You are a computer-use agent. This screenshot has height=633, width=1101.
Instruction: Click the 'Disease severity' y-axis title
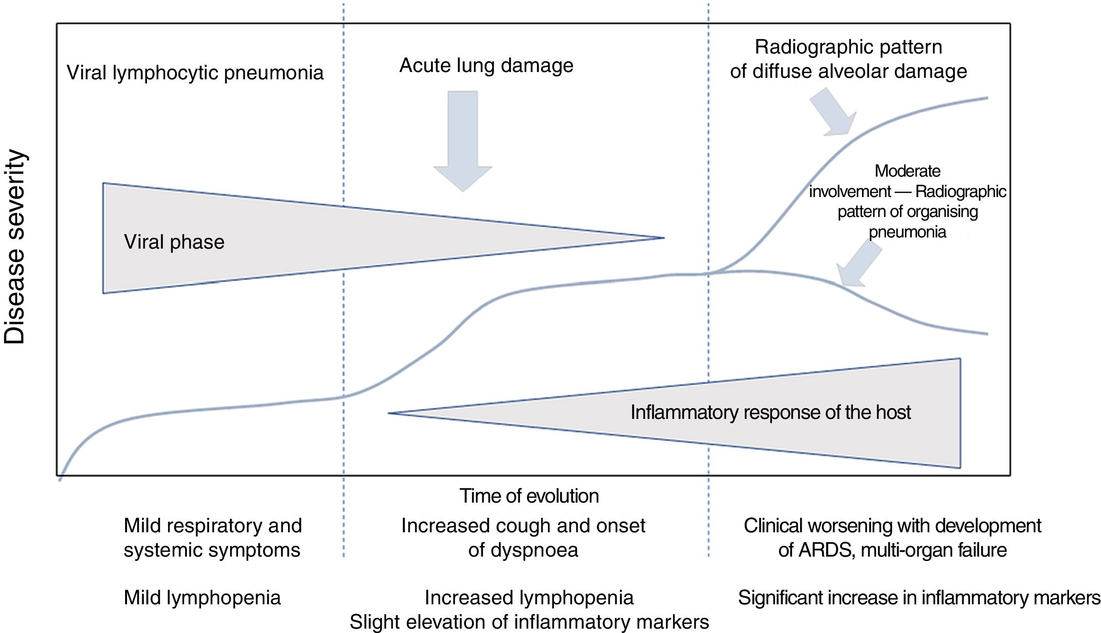tap(15, 247)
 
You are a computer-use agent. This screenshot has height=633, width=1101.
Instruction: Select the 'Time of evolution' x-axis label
tap(529, 496)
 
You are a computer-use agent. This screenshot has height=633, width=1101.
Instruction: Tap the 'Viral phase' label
tap(174, 242)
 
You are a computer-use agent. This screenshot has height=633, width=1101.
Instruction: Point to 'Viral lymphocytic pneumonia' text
tap(195, 73)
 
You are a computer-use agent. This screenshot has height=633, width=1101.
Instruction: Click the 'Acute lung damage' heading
tap(486, 66)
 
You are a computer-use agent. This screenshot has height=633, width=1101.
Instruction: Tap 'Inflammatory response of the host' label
tap(771, 412)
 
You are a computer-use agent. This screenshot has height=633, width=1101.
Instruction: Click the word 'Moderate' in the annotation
tap(907, 171)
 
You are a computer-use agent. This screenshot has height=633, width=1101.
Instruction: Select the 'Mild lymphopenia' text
tap(202, 597)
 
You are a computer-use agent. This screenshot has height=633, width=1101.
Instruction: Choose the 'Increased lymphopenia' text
tap(529, 597)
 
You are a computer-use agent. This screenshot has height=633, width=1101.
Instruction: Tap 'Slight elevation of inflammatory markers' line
tap(529, 622)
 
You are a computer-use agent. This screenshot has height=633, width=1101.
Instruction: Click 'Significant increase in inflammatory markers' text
tap(919, 597)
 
